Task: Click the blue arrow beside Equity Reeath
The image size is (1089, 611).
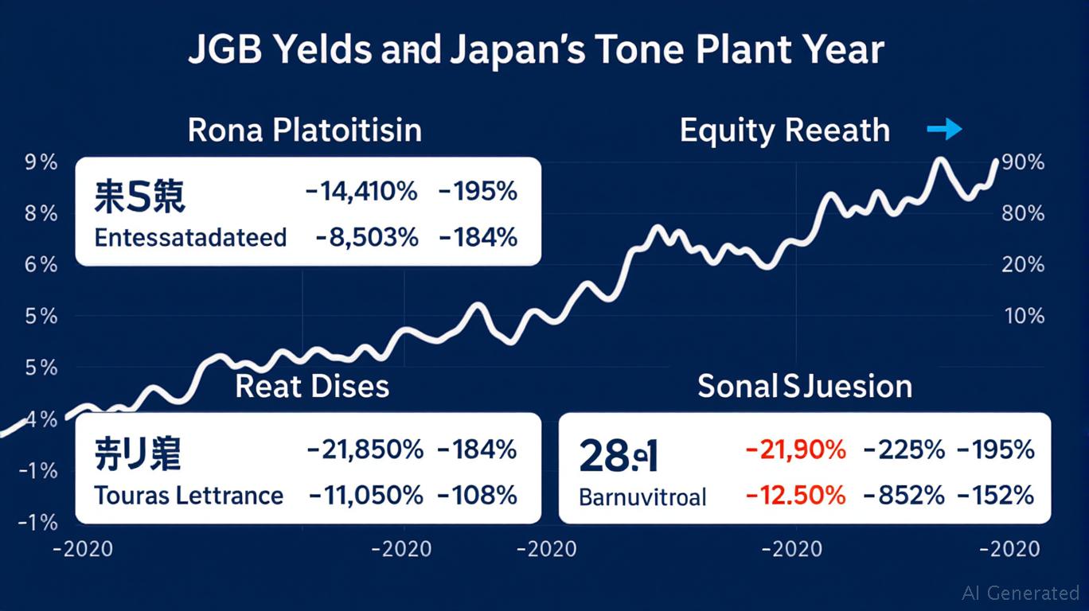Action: pos(945,129)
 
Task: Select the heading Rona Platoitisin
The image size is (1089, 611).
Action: pos(305,130)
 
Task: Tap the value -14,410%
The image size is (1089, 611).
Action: pos(361,192)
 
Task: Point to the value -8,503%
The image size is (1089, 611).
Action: pos(366,237)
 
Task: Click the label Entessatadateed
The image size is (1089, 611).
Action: pos(190,237)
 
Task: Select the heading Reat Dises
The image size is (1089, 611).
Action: pos(312,386)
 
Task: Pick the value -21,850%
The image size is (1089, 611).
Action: pos(365,449)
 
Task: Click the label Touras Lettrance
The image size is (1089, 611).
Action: pos(189,496)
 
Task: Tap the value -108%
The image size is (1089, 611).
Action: pos(477,496)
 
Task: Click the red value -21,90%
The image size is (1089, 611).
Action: pos(795,449)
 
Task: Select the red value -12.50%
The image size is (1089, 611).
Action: pos(795,496)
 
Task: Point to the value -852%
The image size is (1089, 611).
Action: pos(904,496)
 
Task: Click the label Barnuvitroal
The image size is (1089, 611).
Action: pos(642,497)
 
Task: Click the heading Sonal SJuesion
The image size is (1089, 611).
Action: pos(804,386)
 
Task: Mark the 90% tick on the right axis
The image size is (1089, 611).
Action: pos(1023,163)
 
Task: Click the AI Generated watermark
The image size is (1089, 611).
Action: pos(1021,593)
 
